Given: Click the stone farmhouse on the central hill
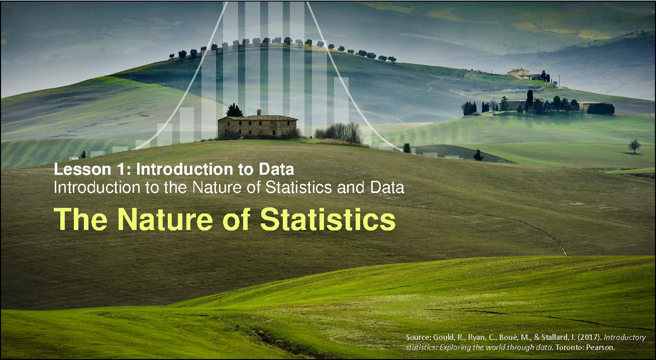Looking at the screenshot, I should (257, 126).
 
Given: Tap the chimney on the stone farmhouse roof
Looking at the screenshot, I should (259, 112).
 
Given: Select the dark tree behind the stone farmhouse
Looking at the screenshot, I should (235, 110).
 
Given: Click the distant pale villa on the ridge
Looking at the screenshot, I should (518, 73).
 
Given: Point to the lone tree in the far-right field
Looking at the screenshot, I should (634, 146).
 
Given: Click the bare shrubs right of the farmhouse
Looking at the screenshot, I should (339, 133).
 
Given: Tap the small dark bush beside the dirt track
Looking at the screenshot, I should (478, 156).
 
